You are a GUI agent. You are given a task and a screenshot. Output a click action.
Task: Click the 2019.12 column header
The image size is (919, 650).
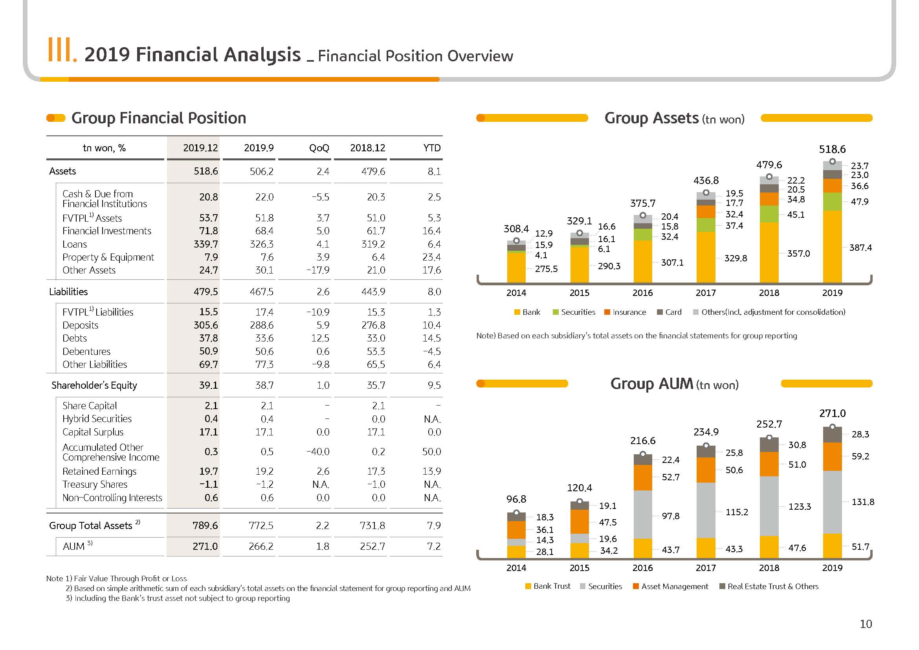point(200,148)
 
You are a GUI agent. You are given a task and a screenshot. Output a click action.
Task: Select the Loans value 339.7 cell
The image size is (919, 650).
point(206,244)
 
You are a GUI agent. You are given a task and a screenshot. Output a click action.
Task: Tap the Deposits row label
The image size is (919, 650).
point(81,325)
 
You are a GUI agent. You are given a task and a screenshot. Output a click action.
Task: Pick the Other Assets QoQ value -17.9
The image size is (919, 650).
point(318,270)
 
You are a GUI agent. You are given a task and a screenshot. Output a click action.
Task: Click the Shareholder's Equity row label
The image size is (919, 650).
point(94,385)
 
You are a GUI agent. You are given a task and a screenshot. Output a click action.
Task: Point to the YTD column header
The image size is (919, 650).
point(432,148)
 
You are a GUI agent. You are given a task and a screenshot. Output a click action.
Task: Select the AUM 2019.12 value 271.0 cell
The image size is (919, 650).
point(205,546)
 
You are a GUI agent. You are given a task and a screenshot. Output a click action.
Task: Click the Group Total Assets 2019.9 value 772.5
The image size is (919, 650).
point(261,525)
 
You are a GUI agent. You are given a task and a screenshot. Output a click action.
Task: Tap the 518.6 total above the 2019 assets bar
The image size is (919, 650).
point(832,149)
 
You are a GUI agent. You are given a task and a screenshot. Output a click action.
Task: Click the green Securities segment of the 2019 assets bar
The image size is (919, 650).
point(832,202)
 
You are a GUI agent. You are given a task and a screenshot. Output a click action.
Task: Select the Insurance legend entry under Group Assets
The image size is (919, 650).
point(625,312)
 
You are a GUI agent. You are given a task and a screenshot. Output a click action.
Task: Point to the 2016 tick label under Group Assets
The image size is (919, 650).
point(642,293)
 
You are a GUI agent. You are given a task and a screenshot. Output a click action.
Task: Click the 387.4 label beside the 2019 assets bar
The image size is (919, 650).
point(860,248)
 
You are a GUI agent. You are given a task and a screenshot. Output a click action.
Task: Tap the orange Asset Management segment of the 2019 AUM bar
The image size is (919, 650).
point(832,457)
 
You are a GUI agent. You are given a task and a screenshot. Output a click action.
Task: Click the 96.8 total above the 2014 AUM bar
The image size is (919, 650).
point(516,499)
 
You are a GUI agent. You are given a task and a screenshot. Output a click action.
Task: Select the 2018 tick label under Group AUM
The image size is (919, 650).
point(769,568)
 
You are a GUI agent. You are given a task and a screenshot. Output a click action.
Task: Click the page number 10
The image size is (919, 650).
point(866,624)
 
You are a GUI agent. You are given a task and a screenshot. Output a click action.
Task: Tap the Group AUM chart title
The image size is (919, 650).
point(675,384)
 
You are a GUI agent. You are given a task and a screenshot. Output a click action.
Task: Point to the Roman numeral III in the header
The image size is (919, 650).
point(60,50)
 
